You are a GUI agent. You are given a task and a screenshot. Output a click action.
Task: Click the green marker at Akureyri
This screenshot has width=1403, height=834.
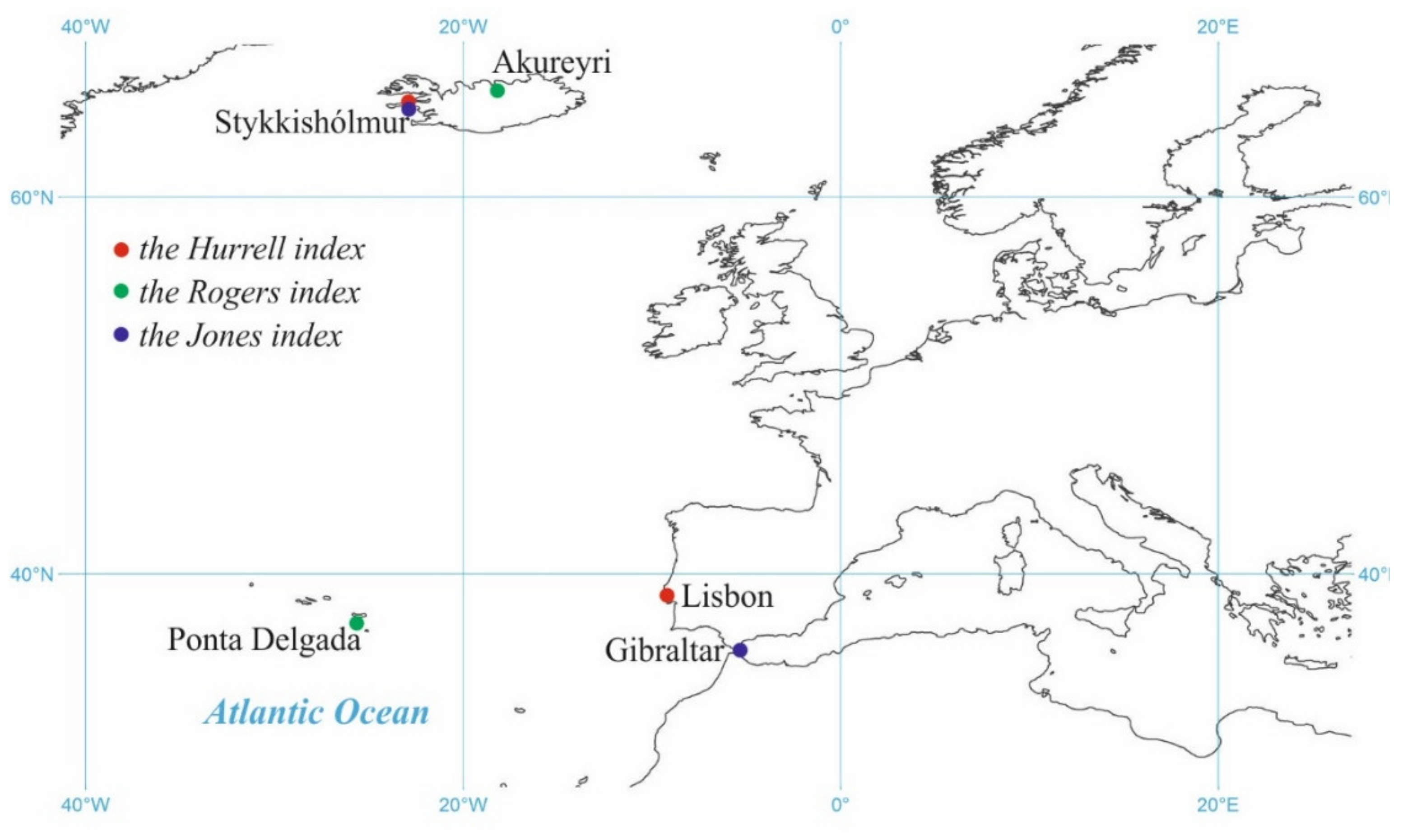click(x=497, y=90)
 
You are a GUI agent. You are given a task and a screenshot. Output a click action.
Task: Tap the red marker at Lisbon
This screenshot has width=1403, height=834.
click(x=667, y=596)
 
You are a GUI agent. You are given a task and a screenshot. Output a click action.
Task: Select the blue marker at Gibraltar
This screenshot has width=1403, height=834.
click(x=740, y=650)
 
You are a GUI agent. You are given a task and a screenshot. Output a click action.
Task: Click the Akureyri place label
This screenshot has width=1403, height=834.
click(x=552, y=62)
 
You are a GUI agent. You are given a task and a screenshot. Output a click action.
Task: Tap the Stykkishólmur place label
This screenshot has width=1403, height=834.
click(x=311, y=122)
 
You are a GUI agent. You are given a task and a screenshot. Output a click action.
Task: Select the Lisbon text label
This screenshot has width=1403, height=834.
click(x=727, y=597)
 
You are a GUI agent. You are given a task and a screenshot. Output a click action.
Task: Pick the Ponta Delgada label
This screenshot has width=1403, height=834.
click(x=264, y=640)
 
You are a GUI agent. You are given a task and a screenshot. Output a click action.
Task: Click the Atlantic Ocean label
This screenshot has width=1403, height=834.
click(x=317, y=713)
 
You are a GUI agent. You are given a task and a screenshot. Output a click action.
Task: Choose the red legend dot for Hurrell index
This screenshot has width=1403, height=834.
click(x=121, y=250)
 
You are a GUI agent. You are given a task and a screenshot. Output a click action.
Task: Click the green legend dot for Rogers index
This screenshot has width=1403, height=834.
click(x=121, y=291)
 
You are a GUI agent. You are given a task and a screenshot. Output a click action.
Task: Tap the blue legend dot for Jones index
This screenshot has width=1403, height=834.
click(x=121, y=335)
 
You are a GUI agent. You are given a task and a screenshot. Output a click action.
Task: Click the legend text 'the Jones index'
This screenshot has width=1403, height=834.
click(x=240, y=336)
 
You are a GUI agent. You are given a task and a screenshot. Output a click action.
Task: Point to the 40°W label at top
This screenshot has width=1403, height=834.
click(x=85, y=27)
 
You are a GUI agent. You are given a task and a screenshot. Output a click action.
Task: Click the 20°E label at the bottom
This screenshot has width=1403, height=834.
click(x=1217, y=805)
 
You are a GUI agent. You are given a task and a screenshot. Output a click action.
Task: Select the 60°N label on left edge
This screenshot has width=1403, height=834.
click(x=32, y=198)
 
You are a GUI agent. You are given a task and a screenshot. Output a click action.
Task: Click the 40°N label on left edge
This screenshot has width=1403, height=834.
click(x=32, y=575)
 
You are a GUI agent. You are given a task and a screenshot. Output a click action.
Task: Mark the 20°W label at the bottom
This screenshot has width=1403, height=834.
click(x=463, y=805)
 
